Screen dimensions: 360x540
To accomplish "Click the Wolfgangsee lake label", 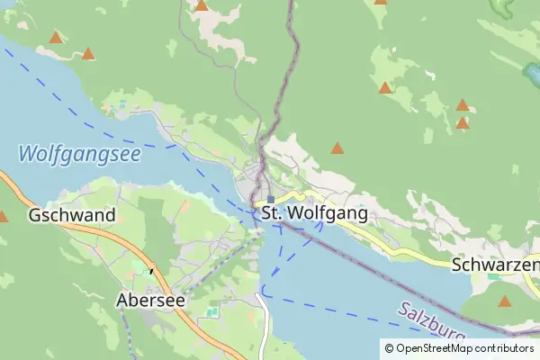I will tap(79, 153).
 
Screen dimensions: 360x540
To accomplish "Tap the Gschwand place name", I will tap(72, 215).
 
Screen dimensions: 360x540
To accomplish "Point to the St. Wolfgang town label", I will tap(315, 214).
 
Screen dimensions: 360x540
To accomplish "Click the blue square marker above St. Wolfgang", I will tap(270, 199).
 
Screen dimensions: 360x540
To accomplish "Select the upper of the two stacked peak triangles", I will tap(463, 105).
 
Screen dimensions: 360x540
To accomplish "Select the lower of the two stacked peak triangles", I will tap(463, 123).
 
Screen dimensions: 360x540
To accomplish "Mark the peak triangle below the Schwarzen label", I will tap(505, 301).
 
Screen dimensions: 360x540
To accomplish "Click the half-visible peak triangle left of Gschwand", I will tap(3, 217).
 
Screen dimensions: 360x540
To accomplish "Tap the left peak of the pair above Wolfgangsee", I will tap(57, 38).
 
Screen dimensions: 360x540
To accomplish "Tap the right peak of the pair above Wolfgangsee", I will tap(88, 54).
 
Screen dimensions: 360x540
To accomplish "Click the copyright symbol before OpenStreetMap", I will tap(389, 348).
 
